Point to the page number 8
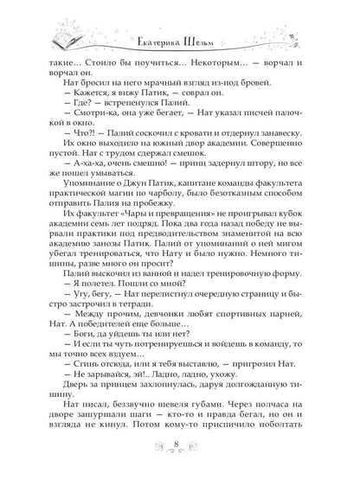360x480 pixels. coord(178,450)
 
